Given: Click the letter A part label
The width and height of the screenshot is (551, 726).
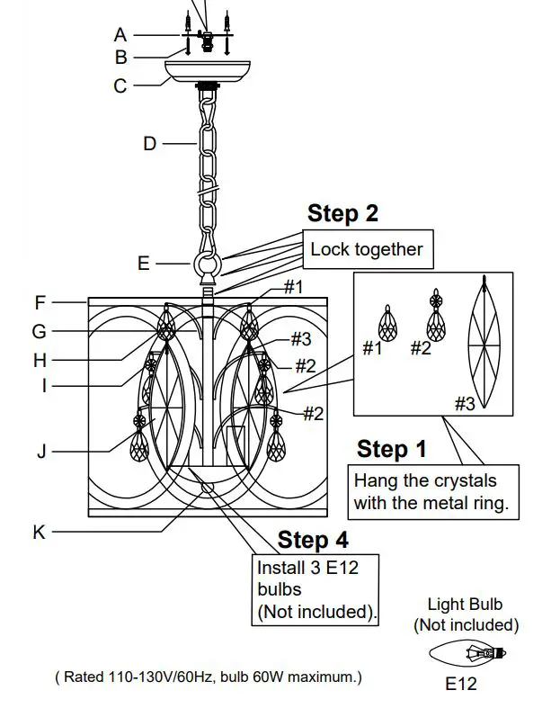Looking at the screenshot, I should pos(120,35).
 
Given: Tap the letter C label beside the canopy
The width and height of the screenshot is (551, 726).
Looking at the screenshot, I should pos(120,86).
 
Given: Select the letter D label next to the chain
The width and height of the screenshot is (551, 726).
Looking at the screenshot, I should pos(150,143).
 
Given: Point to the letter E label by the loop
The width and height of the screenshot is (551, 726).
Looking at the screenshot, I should pos(143,264).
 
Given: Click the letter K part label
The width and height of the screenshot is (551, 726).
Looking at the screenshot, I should pos(39,533).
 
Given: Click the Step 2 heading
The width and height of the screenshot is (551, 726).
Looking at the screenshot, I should pos(342,213).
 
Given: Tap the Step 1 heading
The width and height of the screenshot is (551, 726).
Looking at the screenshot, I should pos(392,449).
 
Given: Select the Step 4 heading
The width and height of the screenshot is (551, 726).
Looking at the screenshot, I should pos(313,540).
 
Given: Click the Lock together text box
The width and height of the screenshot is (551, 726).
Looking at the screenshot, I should pos(367,249).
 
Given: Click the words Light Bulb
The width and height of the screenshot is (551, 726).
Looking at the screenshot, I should pos(465,605).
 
